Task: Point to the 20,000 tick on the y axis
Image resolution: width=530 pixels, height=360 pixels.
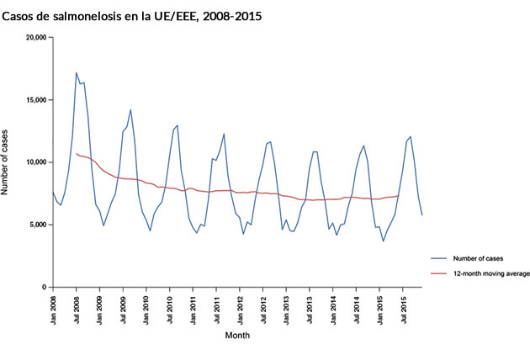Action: (33, 38)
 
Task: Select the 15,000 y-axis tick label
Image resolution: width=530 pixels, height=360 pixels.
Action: (33, 100)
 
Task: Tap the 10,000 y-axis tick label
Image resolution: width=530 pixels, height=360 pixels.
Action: (33, 162)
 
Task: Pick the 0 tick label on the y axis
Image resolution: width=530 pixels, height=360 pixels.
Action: (43, 287)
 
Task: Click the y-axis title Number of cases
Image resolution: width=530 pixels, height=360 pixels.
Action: (7, 163)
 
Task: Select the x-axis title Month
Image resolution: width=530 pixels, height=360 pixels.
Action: (237, 335)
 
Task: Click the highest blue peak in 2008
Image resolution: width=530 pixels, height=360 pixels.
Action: (77, 72)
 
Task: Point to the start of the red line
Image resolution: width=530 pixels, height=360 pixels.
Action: (76, 154)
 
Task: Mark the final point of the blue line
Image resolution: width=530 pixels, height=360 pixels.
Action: (421, 215)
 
